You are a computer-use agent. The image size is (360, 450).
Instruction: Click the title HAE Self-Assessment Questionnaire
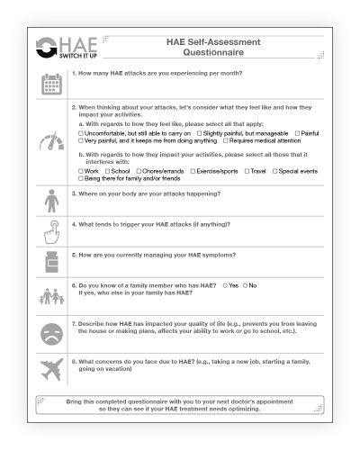213,48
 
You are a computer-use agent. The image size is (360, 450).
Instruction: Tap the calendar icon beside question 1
52,84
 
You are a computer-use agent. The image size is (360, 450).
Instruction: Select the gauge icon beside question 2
52,142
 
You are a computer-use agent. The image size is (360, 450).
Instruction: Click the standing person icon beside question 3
52,202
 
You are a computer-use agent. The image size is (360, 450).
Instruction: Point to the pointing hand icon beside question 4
52,232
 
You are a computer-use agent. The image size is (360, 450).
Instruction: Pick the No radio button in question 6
246,285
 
